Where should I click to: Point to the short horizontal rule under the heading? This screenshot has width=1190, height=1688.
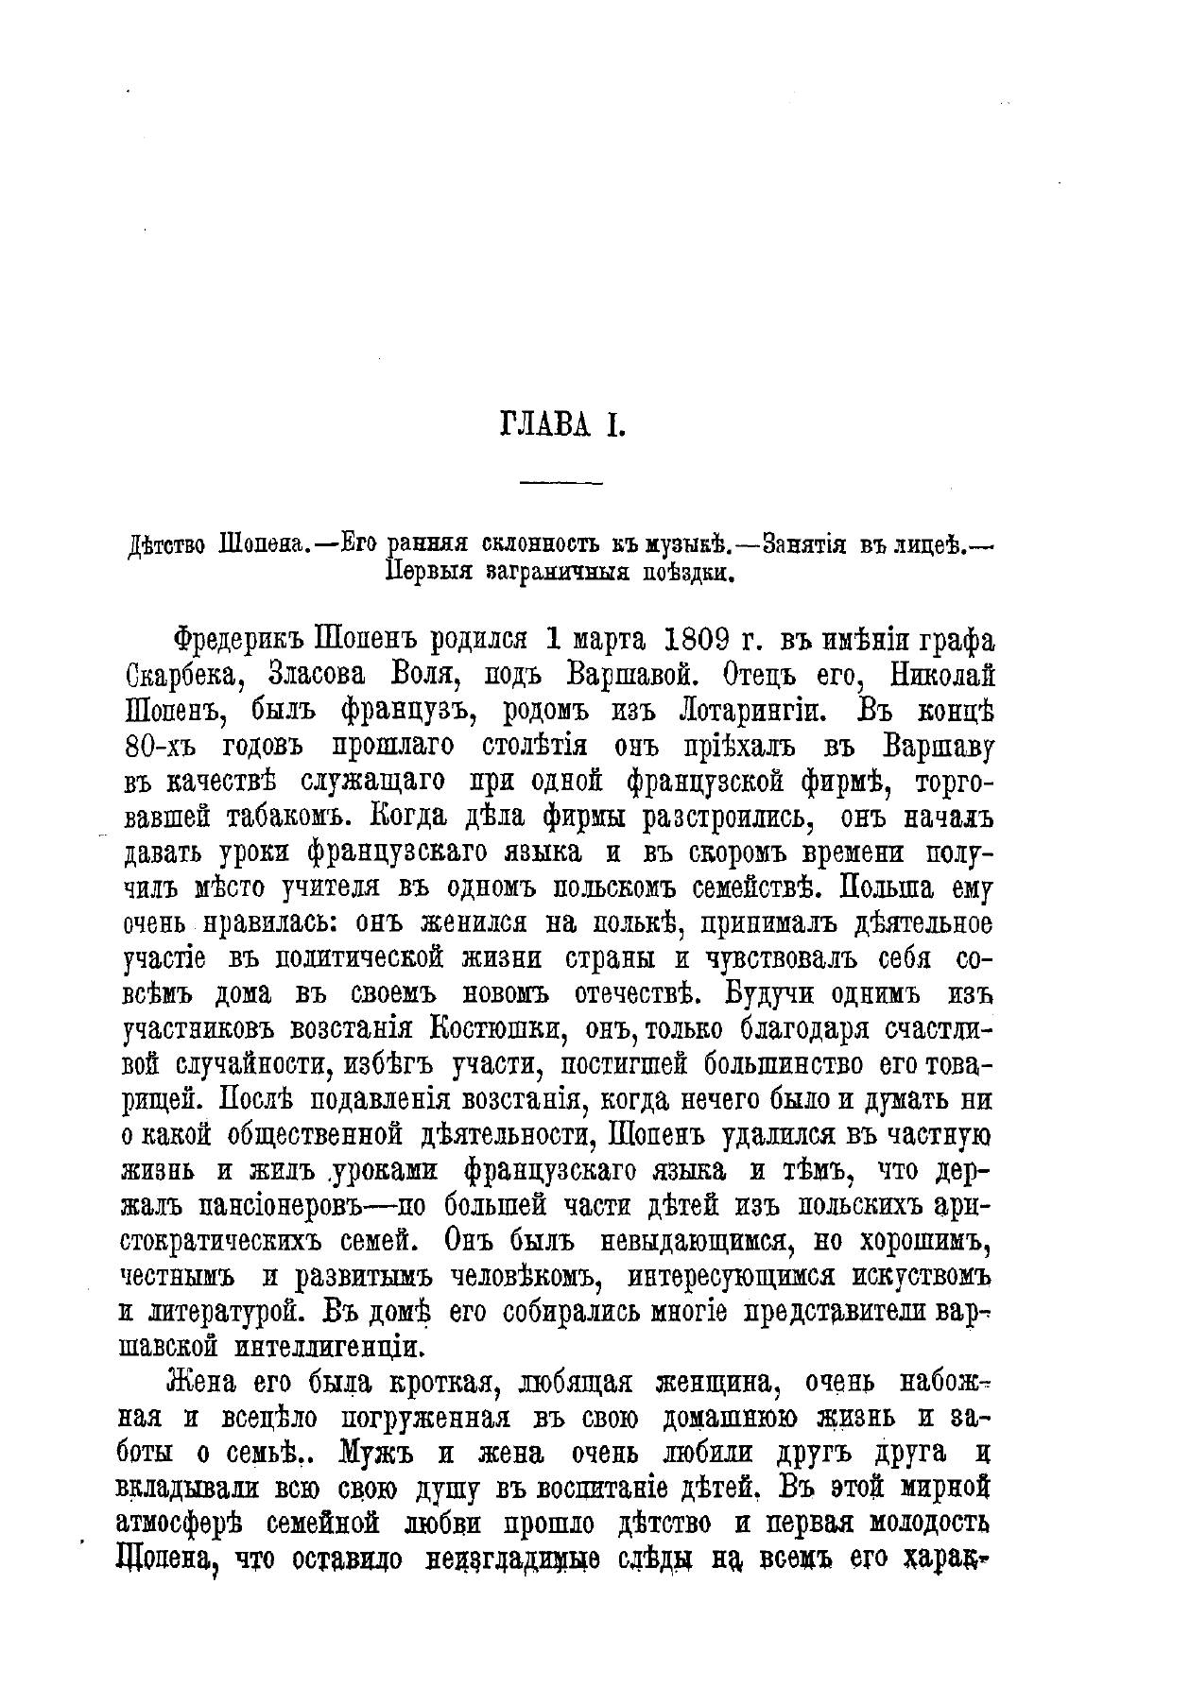click(x=561, y=485)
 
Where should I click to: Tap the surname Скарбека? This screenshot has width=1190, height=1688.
click(x=184, y=677)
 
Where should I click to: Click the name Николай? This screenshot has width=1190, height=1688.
click(x=931, y=677)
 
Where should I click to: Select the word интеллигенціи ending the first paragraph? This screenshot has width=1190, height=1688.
click(x=341, y=1348)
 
